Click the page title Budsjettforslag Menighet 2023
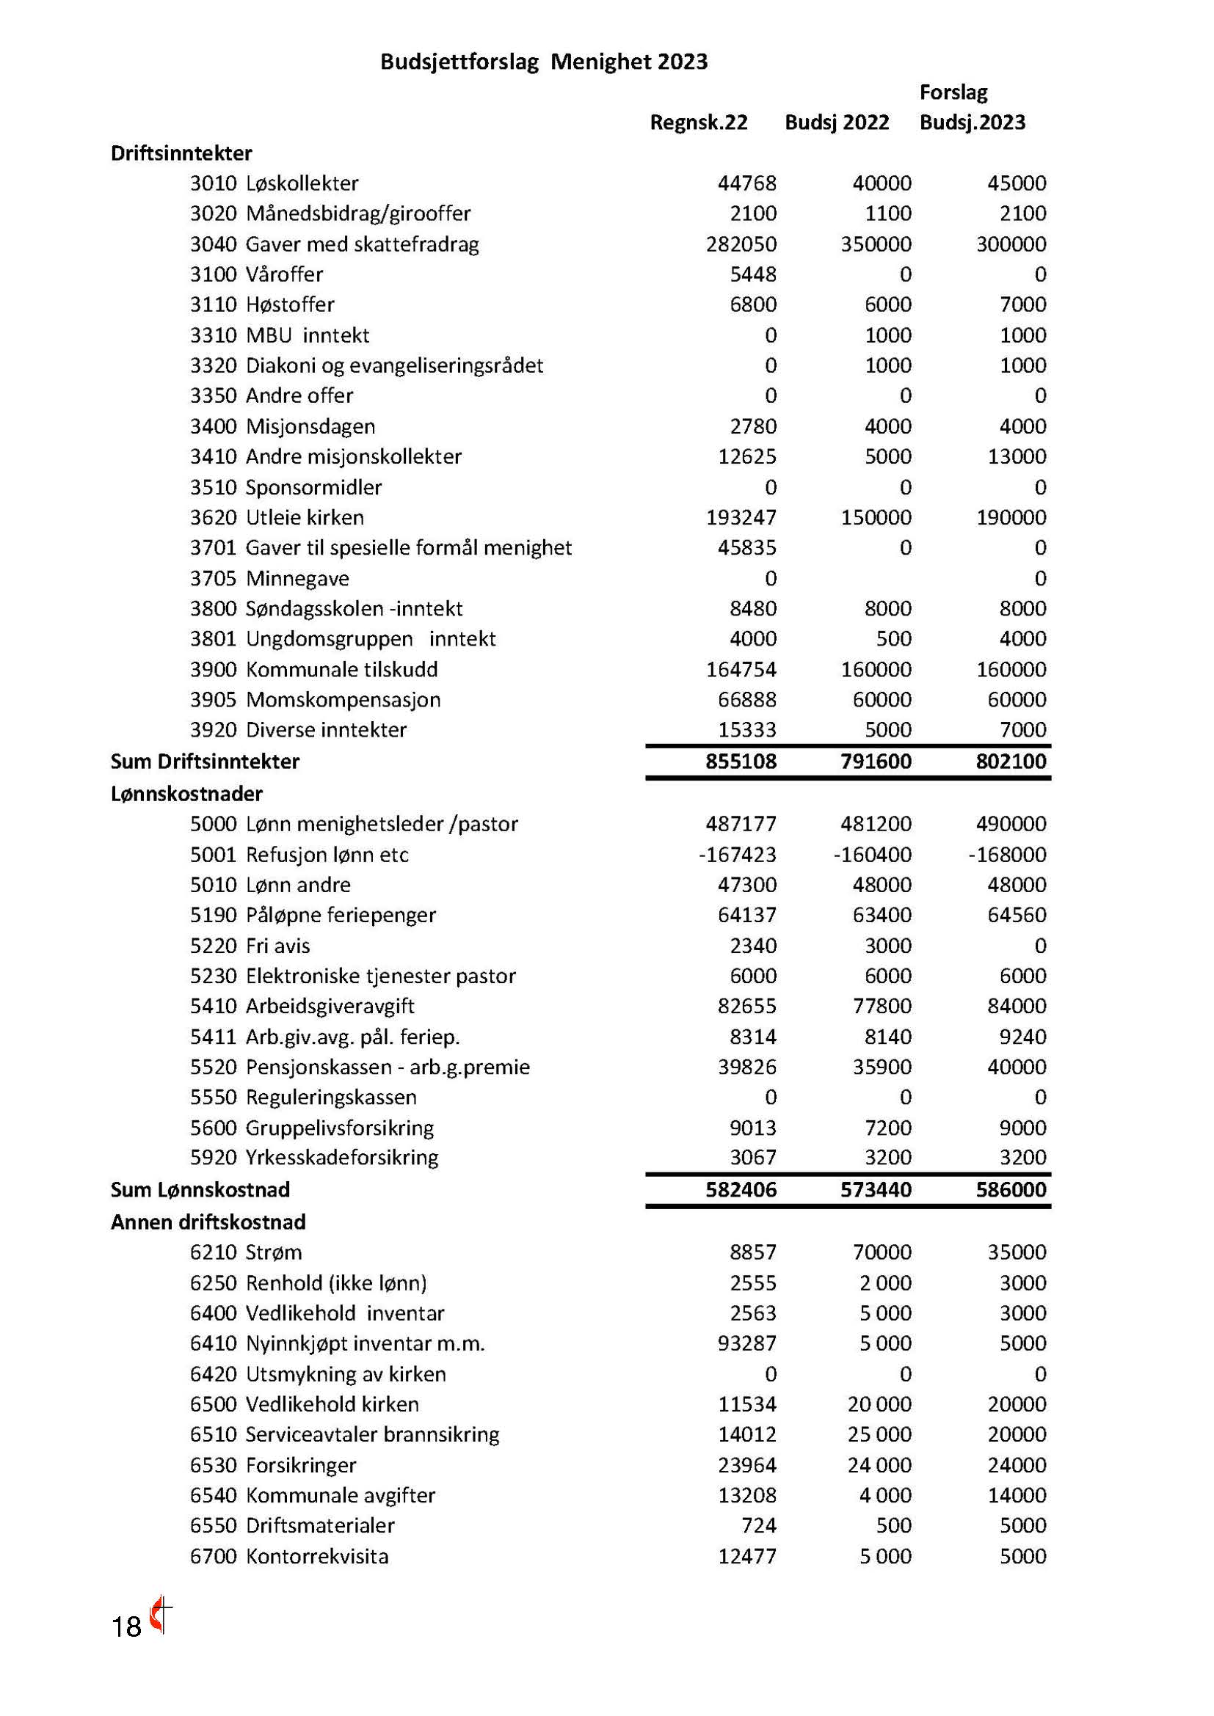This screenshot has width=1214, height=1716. click(543, 62)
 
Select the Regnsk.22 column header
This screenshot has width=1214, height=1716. click(698, 122)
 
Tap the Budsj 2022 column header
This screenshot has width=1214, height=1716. click(837, 122)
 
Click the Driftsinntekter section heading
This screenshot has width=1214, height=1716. click(181, 153)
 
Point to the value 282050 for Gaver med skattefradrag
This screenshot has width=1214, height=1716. click(741, 244)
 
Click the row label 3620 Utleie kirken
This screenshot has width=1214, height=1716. click(277, 517)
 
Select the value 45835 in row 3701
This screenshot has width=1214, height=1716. click(746, 548)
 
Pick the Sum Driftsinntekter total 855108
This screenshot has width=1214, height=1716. click(741, 762)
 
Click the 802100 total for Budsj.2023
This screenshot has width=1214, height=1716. click(1011, 762)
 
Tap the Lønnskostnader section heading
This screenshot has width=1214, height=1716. click(186, 794)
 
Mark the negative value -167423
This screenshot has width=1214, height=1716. click(737, 854)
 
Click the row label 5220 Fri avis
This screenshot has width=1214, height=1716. click(250, 946)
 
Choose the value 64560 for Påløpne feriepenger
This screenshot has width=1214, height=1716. click(1017, 915)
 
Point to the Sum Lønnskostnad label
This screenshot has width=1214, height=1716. click(200, 1190)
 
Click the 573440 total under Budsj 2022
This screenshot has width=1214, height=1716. click(876, 1190)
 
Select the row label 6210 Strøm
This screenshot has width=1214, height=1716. click(246, 1252)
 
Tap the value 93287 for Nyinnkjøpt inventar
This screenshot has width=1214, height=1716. click(746, 1343)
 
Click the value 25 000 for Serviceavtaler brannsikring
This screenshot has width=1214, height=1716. click(879, 1434)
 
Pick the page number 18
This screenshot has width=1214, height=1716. click(126, 1627)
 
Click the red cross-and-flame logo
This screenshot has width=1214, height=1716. click(160, 1615)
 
